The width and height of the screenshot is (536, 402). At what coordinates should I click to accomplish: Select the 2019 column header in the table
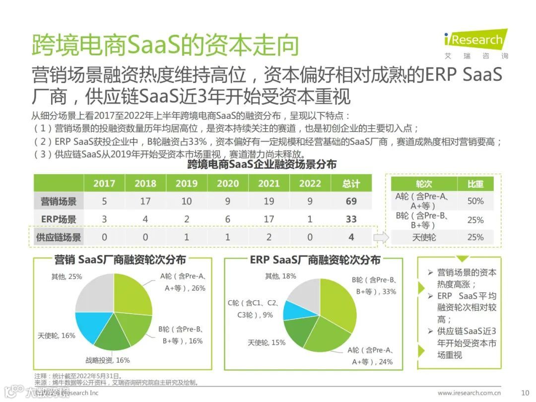click(186, 183)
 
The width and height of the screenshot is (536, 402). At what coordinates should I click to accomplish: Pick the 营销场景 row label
click(59, 201)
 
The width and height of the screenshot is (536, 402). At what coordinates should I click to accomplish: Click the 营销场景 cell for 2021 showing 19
click(268, 201)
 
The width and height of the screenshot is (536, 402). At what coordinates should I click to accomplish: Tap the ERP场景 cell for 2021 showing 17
click(268, 219)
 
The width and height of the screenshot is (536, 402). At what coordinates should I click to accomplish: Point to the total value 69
click(351, 201)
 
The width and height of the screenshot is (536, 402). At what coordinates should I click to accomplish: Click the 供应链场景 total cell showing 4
click(351, 237)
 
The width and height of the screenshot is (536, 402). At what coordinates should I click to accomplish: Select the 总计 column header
click(351, 183)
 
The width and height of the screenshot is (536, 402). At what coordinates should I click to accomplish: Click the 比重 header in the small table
click(475, 184)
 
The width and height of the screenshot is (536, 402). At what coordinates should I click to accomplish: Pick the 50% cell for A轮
click(475, 201)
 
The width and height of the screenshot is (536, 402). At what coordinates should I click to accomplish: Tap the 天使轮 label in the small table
click(424, 237)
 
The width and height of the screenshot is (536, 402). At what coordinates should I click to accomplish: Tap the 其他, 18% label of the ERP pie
click(280, 276)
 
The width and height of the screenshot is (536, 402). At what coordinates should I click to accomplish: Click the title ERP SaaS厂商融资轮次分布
click(315, 260)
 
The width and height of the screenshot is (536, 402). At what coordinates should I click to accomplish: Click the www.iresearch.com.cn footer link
click(469, 393)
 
